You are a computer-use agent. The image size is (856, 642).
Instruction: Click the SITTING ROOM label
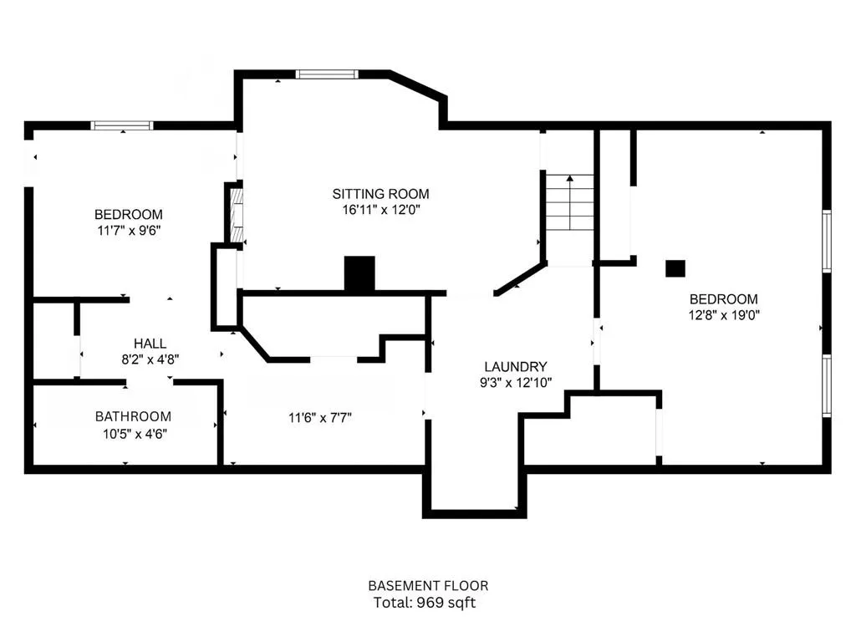[380, 194]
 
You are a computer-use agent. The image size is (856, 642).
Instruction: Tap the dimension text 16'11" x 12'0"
[381, 210]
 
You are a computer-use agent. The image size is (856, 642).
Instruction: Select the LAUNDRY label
[515, 366]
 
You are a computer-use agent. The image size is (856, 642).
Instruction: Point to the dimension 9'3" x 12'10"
[516, 383]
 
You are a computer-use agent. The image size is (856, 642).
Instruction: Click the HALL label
[150, 344]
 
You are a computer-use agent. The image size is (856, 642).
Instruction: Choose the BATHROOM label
[133, 416]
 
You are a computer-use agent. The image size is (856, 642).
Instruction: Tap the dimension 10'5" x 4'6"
[135, 434]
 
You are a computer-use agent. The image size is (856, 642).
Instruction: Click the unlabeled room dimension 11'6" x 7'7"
[320, 418]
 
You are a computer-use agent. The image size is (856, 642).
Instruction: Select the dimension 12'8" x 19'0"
[724, 315]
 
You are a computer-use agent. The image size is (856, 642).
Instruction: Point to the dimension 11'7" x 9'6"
[129, 231]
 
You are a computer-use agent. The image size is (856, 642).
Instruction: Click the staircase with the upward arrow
[570, 202]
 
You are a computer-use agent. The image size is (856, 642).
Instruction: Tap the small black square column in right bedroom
[675, 268]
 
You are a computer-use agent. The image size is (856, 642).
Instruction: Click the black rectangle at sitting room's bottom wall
[359, 273]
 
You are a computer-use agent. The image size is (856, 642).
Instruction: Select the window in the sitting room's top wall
[327, 74]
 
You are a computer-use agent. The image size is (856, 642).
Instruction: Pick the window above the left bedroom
[122, 125]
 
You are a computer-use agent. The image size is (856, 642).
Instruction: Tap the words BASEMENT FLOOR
[428, 586]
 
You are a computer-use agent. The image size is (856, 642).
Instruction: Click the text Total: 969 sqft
[425, 603]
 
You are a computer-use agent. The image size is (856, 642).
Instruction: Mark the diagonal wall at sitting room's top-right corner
[418, 86]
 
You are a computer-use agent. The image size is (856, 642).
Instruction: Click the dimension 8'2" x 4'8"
[150, 359]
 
